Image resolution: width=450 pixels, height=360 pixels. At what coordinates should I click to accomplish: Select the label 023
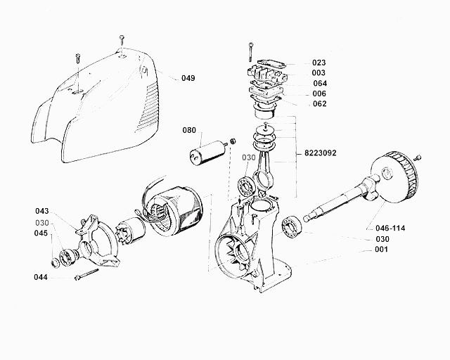click(319, 63)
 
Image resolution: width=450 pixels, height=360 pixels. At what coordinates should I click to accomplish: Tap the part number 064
click(319, 83)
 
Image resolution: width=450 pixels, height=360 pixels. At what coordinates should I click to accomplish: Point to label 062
click(319, 104)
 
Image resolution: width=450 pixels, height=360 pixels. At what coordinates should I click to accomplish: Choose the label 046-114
click(391, 229)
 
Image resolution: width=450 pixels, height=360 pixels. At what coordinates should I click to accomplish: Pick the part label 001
click(381, 250)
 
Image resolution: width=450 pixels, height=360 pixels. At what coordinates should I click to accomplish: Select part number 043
click(42, 211)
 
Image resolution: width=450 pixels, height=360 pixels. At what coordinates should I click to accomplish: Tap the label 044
click(40, 278)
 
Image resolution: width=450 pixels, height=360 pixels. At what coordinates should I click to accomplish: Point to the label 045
click(42, 234)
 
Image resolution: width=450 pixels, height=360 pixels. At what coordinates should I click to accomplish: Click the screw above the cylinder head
click(250, 52)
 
